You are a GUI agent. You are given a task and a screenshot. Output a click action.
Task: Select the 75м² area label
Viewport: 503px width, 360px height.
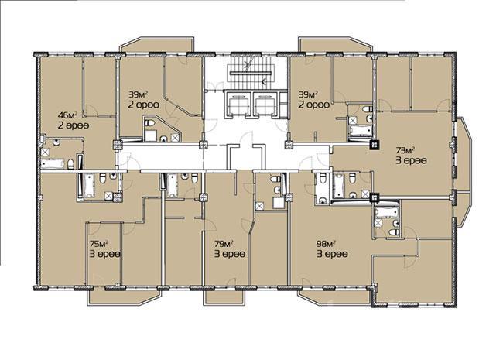98,244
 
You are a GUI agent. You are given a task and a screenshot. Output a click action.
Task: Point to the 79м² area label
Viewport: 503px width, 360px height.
224,244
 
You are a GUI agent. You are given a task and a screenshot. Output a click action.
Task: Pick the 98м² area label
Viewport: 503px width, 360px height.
327,244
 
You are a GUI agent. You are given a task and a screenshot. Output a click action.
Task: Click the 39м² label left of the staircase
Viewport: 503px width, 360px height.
138,94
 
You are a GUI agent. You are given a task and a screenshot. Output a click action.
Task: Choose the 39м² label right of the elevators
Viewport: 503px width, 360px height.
308,94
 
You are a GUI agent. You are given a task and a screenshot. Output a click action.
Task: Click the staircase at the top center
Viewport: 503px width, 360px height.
251,73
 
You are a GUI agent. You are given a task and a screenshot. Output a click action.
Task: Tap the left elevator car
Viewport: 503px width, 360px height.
238,104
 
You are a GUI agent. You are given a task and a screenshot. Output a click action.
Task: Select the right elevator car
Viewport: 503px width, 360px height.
265,104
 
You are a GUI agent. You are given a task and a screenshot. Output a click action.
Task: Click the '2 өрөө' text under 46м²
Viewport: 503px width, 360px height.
74,125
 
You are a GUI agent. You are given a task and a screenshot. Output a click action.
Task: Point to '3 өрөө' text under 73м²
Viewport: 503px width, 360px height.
412,161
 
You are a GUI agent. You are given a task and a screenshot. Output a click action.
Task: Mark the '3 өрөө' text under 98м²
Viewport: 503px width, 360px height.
332,254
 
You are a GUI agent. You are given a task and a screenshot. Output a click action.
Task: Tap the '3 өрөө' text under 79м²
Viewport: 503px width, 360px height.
230,254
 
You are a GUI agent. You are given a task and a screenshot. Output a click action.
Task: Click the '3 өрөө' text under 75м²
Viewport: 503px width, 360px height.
104,254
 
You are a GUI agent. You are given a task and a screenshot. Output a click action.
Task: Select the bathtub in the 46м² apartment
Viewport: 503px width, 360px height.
53,163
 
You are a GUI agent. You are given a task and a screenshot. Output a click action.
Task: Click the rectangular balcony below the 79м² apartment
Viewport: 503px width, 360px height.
225,296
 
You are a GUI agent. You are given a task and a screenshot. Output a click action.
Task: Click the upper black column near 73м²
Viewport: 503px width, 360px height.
375,145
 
